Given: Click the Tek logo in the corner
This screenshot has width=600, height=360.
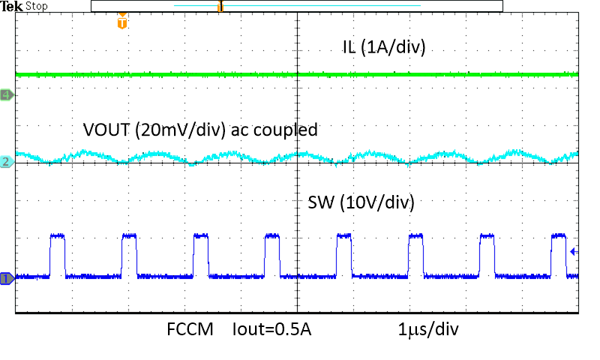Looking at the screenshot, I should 12,6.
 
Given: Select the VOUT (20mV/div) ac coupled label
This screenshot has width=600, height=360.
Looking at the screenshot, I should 200,130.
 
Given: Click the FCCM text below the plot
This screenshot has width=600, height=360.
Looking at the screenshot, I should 190,329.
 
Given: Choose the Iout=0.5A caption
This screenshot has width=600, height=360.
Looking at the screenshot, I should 272,329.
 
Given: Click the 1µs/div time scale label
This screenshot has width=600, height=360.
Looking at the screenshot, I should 429,329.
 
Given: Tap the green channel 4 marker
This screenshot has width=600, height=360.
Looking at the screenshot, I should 7,94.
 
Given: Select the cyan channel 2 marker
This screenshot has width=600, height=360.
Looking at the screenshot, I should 7,162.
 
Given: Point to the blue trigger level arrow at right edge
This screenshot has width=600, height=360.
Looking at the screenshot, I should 574,252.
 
